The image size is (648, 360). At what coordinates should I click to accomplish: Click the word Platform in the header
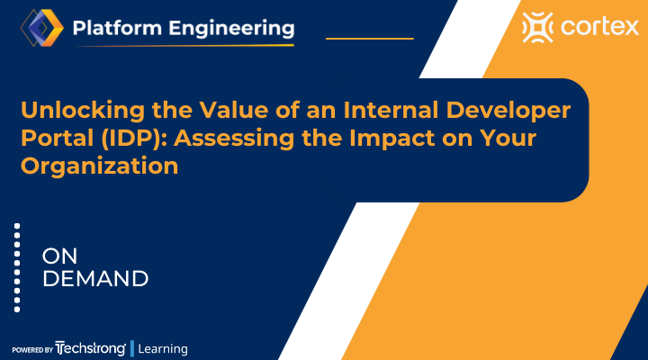pyautogui.click(x=114, y=28)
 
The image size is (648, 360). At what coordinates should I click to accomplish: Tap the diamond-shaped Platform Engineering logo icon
pyautogui.click(x=39, y=29)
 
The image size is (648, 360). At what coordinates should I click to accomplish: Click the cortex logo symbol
pyautogui.click(x=537, y=29)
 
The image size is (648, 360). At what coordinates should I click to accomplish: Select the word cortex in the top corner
pyautogui.click(x=596, y=29)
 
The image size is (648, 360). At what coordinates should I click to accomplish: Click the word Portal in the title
pyautogui.click(x=55, y=139)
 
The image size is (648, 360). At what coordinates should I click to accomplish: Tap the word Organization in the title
pyautogui.click(x=99, y=166)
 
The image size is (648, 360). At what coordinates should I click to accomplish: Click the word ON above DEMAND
pyautogui.click(x=60, y=256)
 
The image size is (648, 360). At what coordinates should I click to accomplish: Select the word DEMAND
pyautogui.click(x=95, y=278)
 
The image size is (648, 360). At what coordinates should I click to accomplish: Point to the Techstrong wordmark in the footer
pyautogui.click(x=90, y=348)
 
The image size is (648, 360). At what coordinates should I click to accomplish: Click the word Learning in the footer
pyautogui.click(x=163, y=348)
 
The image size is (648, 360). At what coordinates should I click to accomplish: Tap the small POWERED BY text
pyautogui.click(x=31, y=349)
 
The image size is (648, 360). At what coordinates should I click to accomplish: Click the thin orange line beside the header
pyautogui.click(x=369, y=39)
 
